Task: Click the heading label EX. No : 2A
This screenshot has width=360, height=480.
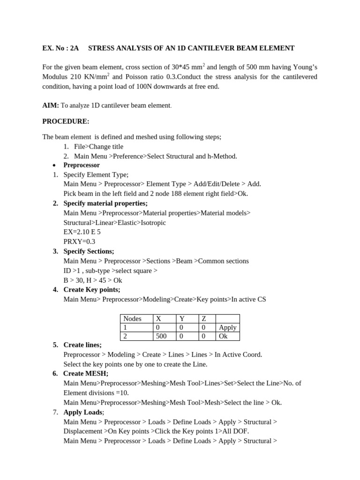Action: pyautogui.click(x=61, y=48)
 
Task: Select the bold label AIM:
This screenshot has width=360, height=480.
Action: pyautogui.click(x=51, y=106)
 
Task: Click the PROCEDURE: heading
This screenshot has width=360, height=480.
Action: pyautogui.click(x=66, y=121)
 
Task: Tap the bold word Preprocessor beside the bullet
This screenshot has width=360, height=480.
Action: pyautogui.click(x=82, y=165)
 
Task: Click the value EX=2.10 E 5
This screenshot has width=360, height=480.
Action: pyautogui.click(x=82, y=232)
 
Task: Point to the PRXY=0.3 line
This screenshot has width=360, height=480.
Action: pyautogui.click(x=79, y=241)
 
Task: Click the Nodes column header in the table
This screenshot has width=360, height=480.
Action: pyautogui.click(x=132, y=319)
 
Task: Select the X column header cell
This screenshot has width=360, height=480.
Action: pyautogui.click(x=158, y=319)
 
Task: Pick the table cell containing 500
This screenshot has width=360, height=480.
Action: pyautogui.click(x=161, y=336)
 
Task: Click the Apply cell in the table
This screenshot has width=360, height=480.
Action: pyautogui.click(x=228, y=328)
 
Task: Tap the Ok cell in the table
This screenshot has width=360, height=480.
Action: pyautogui.click(x=223, y=336)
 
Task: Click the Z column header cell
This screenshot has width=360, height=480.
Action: pyautogui.click(x=204, y=319)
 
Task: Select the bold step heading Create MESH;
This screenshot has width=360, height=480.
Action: pyautogui.click(x=86, y=374)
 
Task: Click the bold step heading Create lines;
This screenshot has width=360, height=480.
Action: pyautogui.click(x=82, y=345)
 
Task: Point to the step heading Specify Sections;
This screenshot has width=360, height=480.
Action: pyautogui.click(x=89, y=251)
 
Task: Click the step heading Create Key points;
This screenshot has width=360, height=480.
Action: pyautogui.click(x=92, y=290)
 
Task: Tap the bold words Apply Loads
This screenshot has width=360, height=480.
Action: pyautogui.click(x=83, y=412)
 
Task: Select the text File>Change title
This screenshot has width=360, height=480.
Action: pyautogui.click(x=98, y=147)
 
